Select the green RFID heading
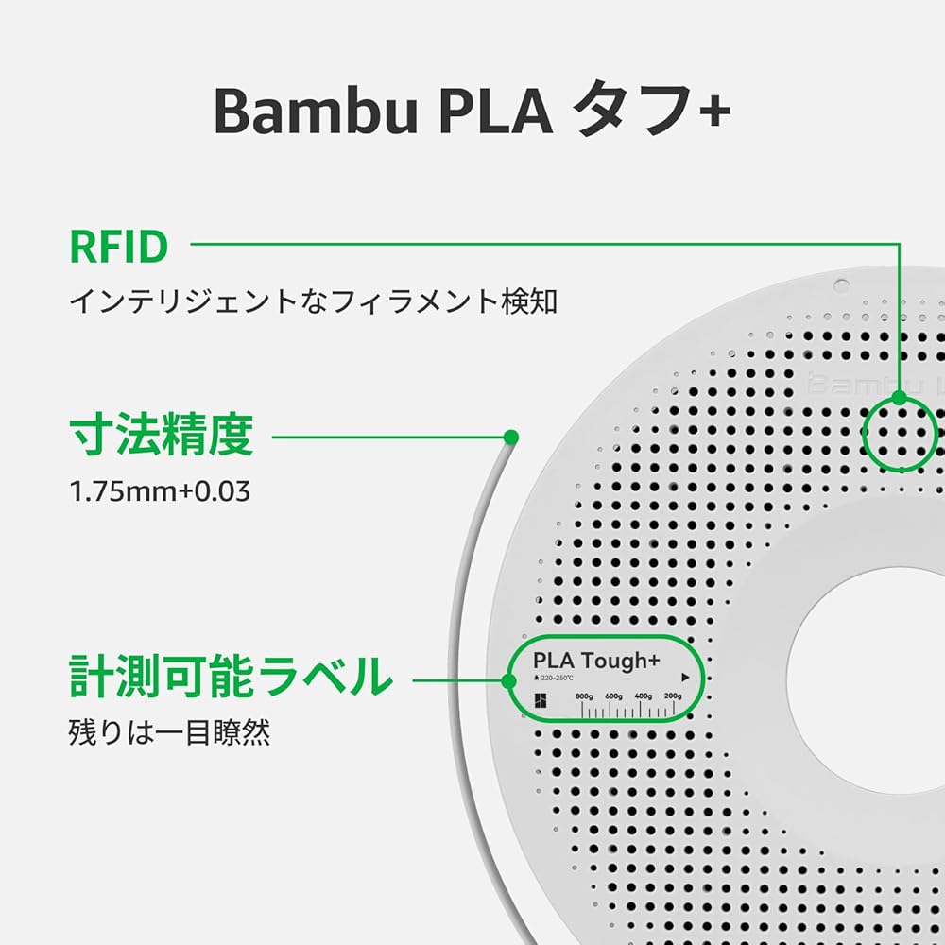coord(119,247)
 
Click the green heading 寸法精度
coord(162,436)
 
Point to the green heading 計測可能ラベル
coord(232,677)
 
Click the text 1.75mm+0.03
coord(162,492)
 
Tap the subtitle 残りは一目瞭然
coord(170,733)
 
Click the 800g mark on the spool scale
coord(584,696)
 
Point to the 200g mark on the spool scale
coord(673,696)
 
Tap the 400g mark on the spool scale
coord(644,696)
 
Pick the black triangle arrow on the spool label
coord(686,678)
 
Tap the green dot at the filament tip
coord(511,437)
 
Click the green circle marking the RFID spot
coord(899,433)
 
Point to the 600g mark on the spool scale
coord(614,696)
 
